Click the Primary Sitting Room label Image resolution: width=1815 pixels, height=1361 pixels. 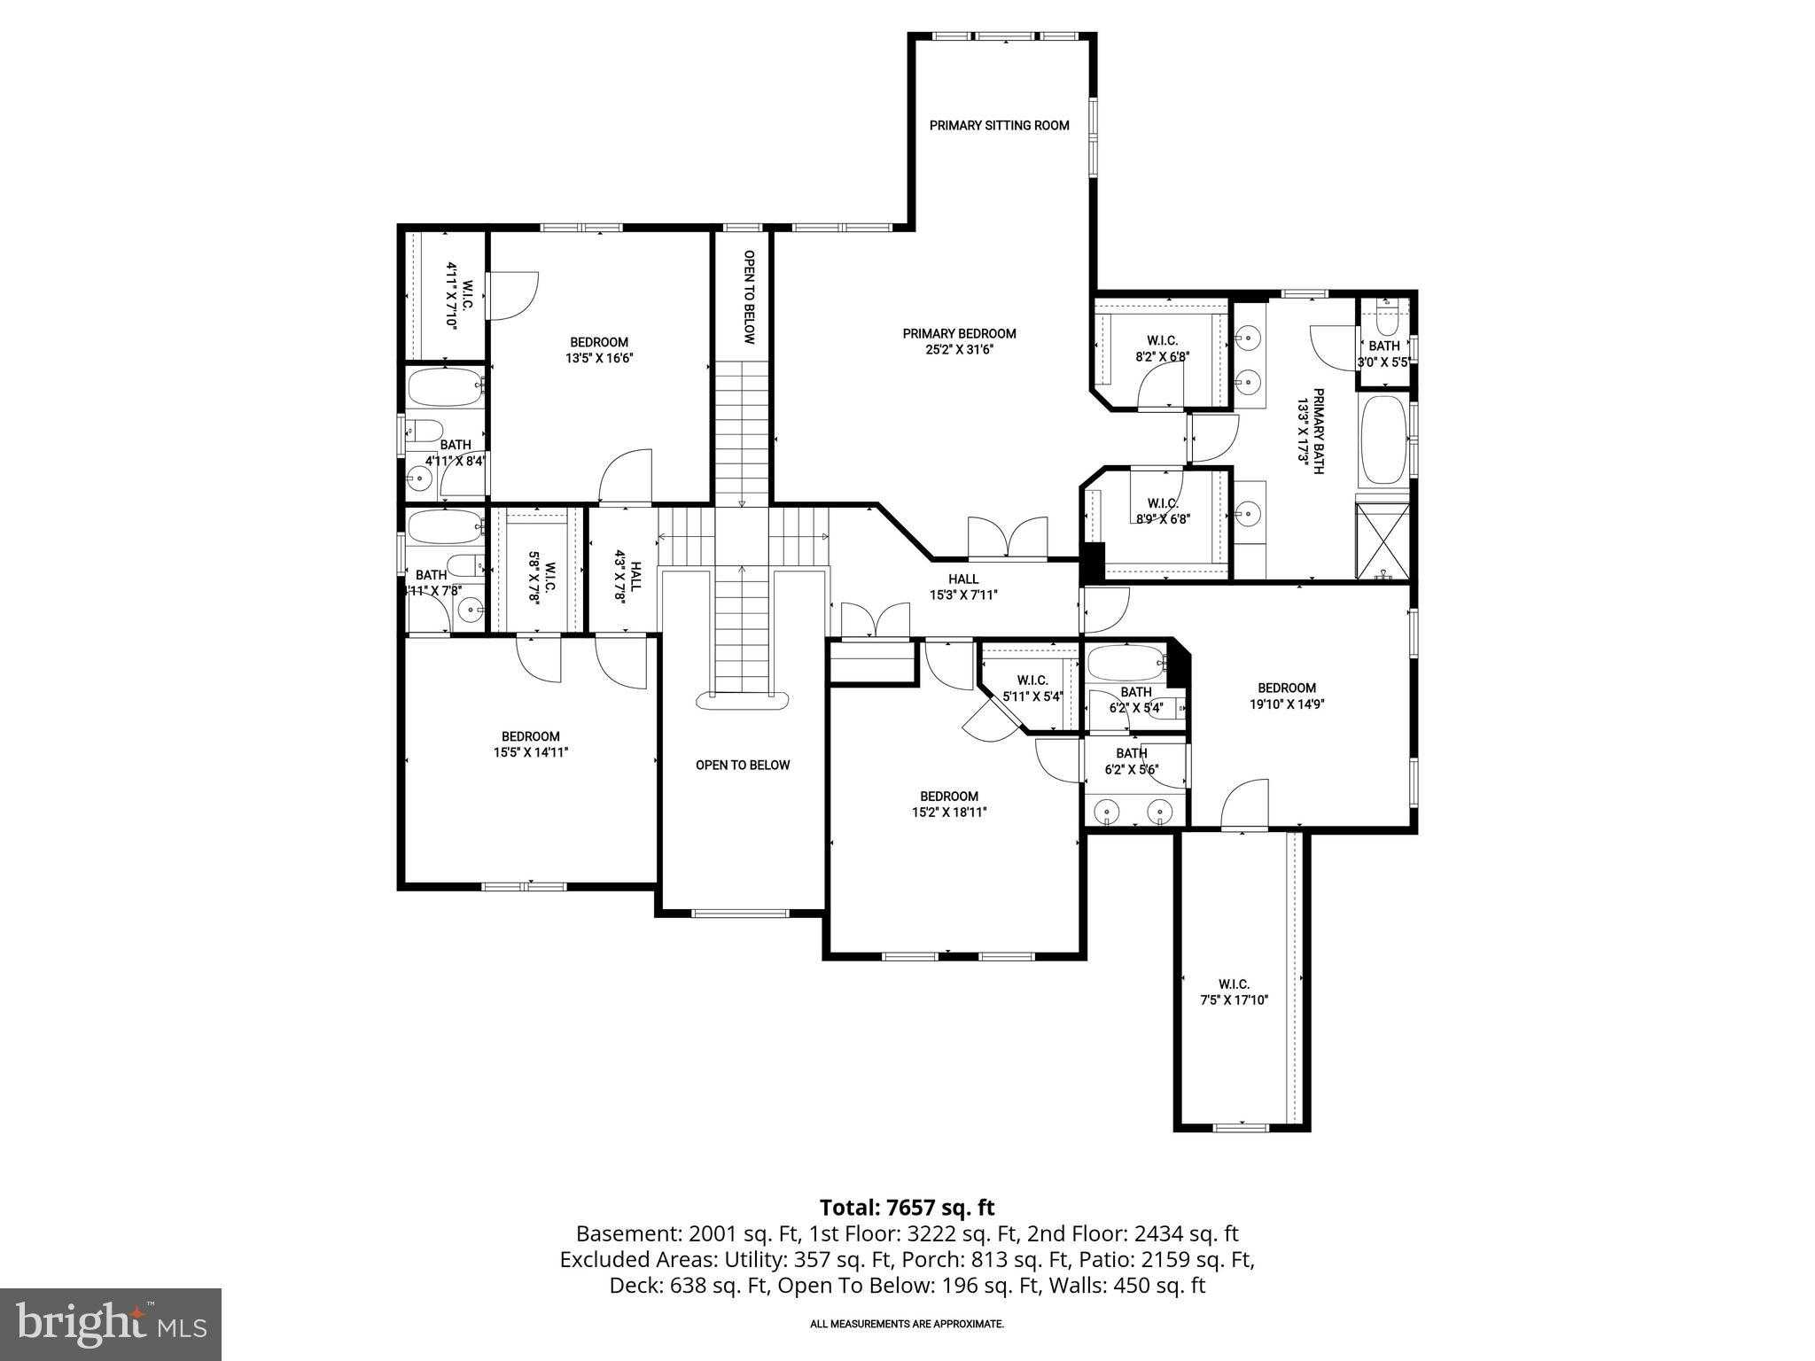point(999,126)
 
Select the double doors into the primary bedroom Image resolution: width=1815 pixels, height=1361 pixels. point(1008,538)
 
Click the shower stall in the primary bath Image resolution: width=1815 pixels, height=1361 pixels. point(1383,541)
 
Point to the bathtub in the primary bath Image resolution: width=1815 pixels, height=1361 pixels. point(1383,440)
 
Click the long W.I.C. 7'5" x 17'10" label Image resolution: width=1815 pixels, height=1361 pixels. point(1234,992)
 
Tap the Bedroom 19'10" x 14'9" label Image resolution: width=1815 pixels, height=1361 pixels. point(1287,696)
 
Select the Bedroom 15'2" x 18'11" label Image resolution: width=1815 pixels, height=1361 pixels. point(948,804)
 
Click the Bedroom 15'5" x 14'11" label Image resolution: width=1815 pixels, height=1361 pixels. point(530,744)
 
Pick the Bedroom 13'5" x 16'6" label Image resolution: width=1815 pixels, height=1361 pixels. point(599,350)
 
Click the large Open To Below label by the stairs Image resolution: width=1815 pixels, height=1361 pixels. point(742,766)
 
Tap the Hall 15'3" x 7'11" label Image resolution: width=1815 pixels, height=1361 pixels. point(963,587)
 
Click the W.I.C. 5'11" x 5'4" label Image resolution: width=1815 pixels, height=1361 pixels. point(1032,688)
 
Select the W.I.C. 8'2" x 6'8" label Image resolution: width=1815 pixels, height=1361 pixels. point(1162,348)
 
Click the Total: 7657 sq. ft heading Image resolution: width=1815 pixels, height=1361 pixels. point(907,1208)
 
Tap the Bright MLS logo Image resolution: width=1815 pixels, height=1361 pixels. point(111,1324)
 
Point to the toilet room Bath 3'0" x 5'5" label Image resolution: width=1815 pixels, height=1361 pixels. point(1384,354)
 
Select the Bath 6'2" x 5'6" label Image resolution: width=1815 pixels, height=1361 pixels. point(1132,762)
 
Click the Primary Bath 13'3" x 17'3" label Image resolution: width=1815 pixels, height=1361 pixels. point(1311,432)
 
